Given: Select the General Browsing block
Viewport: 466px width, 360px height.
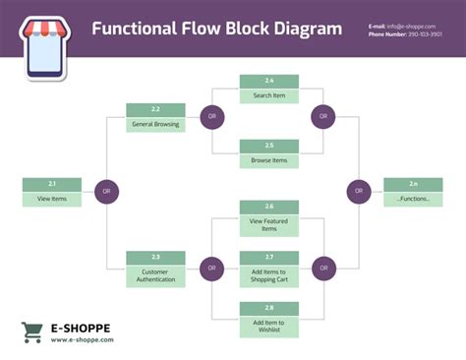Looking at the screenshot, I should (155, 118).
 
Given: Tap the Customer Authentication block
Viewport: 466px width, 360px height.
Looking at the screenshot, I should (155, 270).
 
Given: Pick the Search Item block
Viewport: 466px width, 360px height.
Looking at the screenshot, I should (269, 89).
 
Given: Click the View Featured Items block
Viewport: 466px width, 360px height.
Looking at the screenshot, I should (269, 218).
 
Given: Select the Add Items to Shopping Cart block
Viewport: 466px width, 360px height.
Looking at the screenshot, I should (269, 269).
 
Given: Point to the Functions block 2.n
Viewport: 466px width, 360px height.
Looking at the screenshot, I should (413, 192).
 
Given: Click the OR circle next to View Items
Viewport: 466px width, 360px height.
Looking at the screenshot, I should (108, 192).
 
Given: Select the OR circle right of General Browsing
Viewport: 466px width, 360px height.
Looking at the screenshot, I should (211, 117).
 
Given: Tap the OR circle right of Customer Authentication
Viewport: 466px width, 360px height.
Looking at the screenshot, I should (211, 268).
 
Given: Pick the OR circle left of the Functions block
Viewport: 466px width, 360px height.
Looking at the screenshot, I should (359, 191).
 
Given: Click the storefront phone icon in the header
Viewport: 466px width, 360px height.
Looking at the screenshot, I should (41, 46).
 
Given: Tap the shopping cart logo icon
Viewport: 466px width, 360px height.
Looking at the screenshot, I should (31, 332).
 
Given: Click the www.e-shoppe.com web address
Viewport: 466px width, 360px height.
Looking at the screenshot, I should (83, 340).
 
